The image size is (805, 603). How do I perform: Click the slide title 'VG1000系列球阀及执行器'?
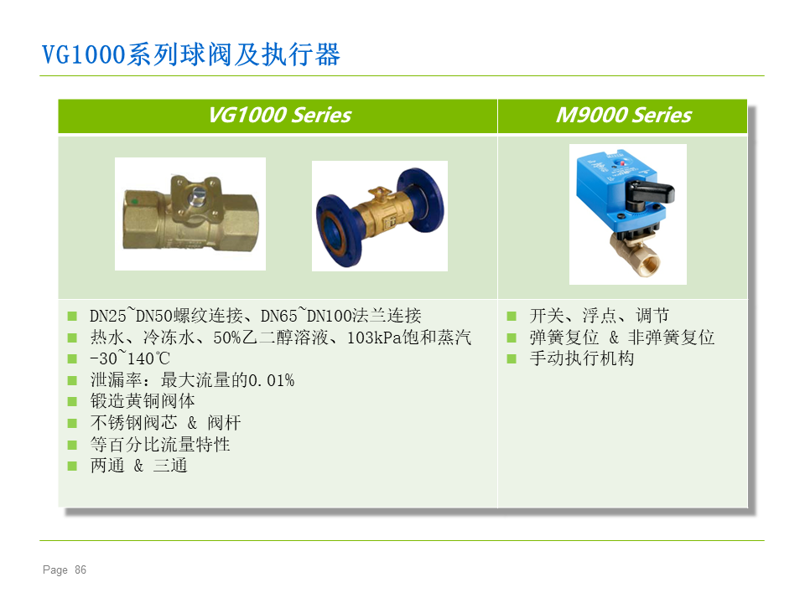tap(191, 54)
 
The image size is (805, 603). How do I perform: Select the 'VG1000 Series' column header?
tap(280, 115)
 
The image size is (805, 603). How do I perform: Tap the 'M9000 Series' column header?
tap(624, 115)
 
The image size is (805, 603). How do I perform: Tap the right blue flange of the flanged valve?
tap(420, 200)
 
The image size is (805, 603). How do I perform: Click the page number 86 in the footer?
tap(80, 569)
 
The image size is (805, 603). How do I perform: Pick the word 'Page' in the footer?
tap(55, 570)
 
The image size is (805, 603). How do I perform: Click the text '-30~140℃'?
tap(130, 358)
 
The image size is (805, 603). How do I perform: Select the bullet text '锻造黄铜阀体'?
tap(143, 401)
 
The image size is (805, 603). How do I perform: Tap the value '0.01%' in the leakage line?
tap(271, 380)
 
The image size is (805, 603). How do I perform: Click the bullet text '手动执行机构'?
tap(582, 358)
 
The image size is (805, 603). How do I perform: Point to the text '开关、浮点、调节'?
tap(600, 316)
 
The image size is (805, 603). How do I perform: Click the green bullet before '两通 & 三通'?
tap(72, 466)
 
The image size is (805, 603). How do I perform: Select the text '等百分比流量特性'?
tap(160, 444)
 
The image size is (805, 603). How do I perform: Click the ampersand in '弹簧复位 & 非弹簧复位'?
tap(614, 338)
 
